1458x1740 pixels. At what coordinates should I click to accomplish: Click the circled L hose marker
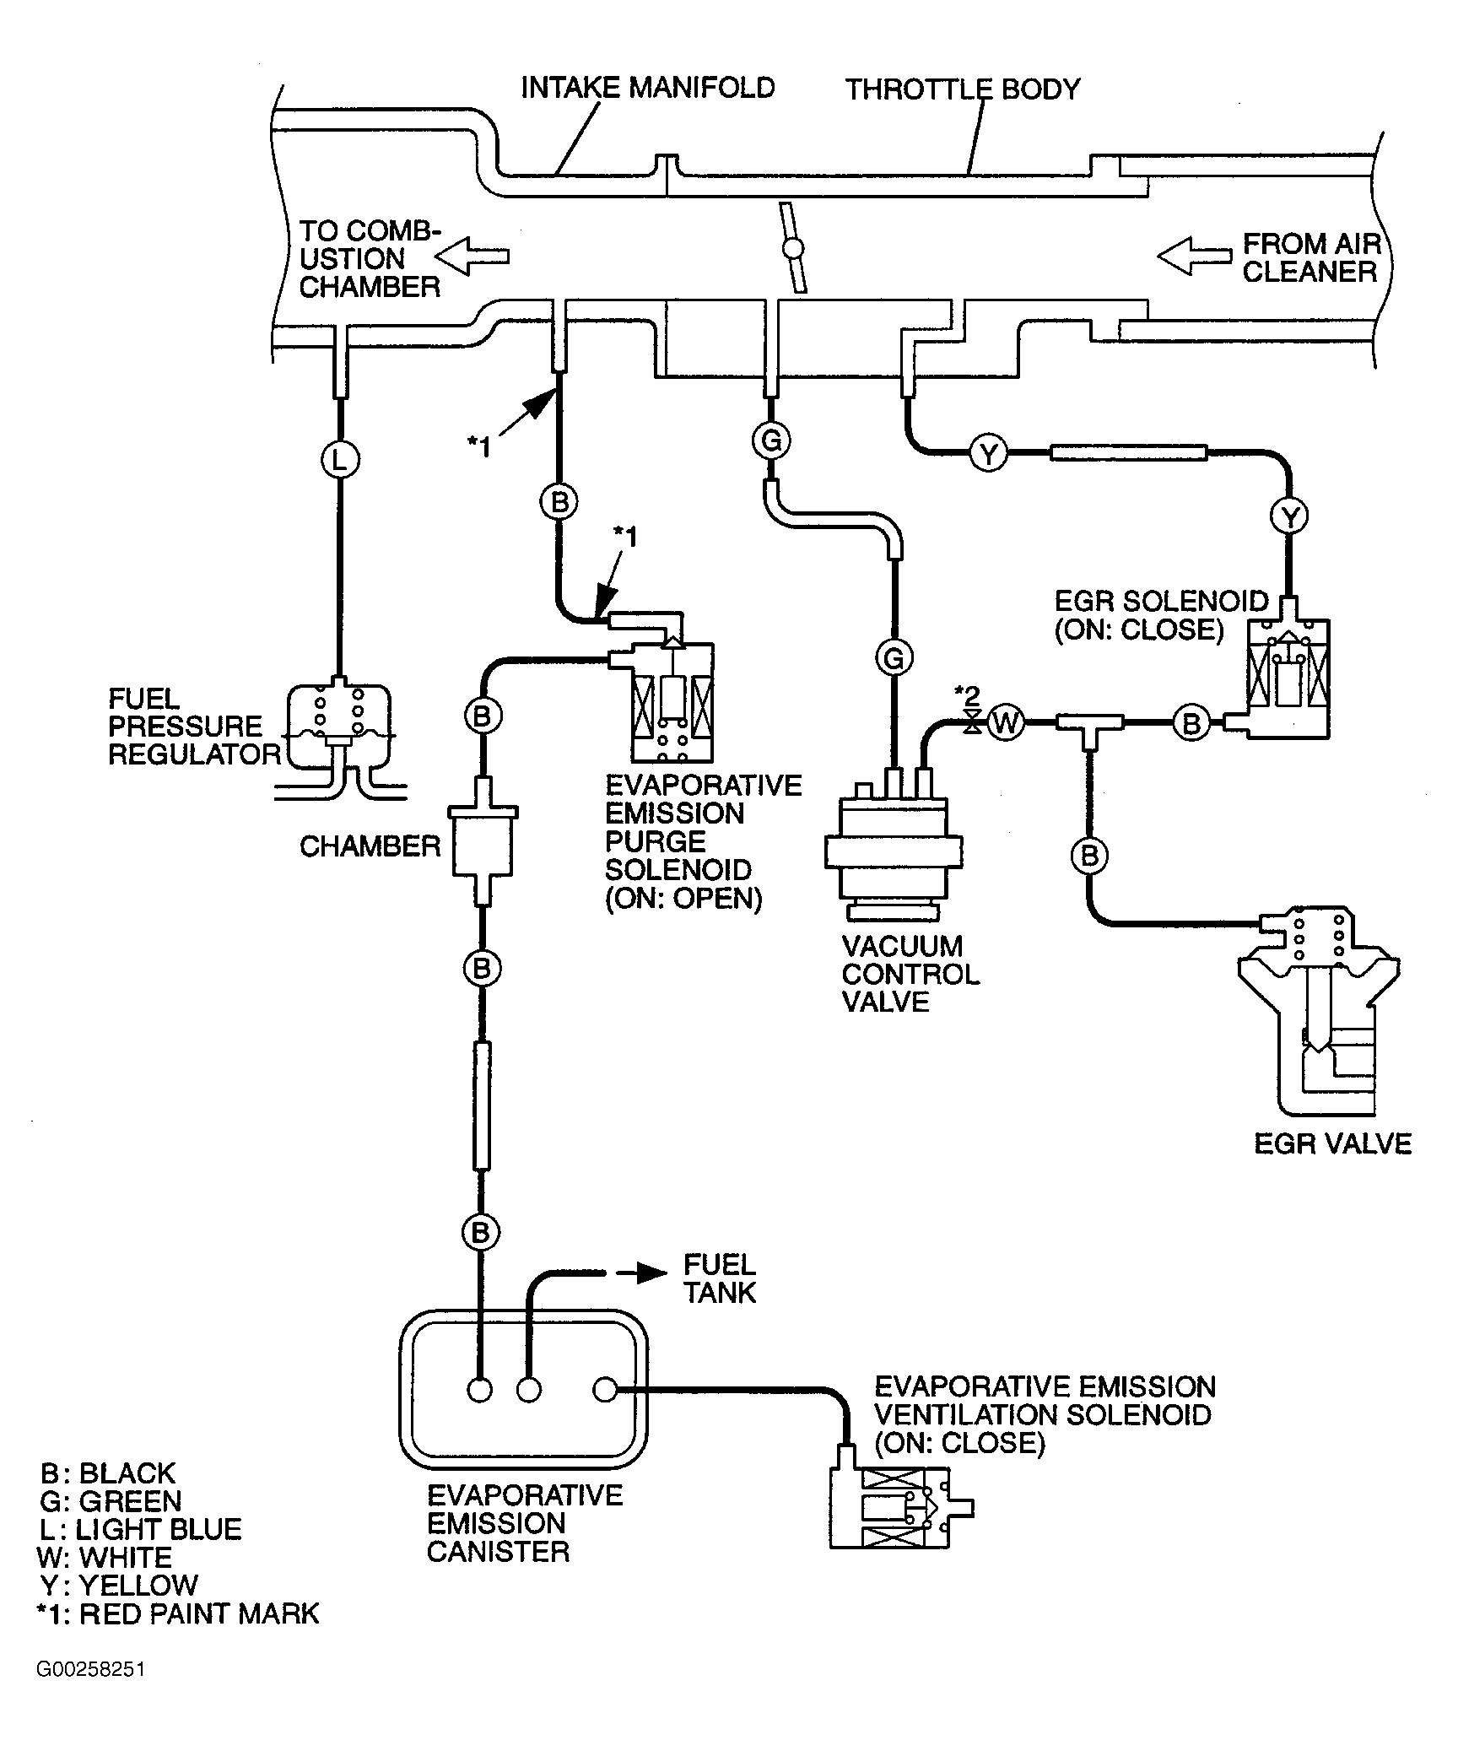(x=340, y=460)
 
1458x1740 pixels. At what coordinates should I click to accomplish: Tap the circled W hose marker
(x=1006, y=721)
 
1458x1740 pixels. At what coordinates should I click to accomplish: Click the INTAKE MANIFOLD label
(x=648, y=88)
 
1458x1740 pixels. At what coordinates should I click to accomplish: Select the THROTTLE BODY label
(x=963, y=89)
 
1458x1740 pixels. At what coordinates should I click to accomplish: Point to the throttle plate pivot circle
(x=792, y=249)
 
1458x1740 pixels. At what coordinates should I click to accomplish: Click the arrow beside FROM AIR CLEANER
(x=1194, y=256)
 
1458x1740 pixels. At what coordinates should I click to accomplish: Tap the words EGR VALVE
(x=1332, y=1144)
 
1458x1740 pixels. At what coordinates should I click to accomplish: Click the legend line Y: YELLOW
(x=119, y=1586)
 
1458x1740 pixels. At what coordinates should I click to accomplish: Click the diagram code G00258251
(x=90, y=1670)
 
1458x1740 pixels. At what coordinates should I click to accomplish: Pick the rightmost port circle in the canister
(x=605, y=1388)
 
